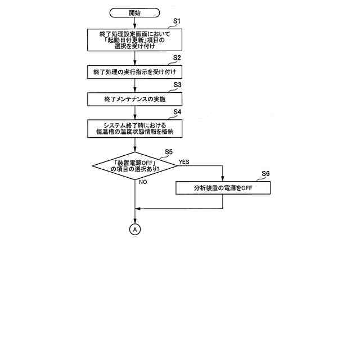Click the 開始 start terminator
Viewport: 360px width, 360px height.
[134, 12]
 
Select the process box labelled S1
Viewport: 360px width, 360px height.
[134, 40]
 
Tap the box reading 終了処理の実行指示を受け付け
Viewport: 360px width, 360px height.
[134, 72]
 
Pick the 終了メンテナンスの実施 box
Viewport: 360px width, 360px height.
[134, 99]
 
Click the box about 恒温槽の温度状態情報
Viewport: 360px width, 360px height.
[134, 128]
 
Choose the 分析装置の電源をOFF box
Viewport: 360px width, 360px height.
[223, 188]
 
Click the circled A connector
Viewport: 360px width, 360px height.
[135, 229]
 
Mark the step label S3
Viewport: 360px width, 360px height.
[176, 84]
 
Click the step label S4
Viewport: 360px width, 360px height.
[176, 112]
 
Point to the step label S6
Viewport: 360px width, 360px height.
[265, 173]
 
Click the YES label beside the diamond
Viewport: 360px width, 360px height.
[184, 161]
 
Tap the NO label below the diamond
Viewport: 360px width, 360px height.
[143, 182]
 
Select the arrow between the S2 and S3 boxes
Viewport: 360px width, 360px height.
[134, 85]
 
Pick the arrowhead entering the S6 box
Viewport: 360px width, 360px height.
[223, 178]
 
